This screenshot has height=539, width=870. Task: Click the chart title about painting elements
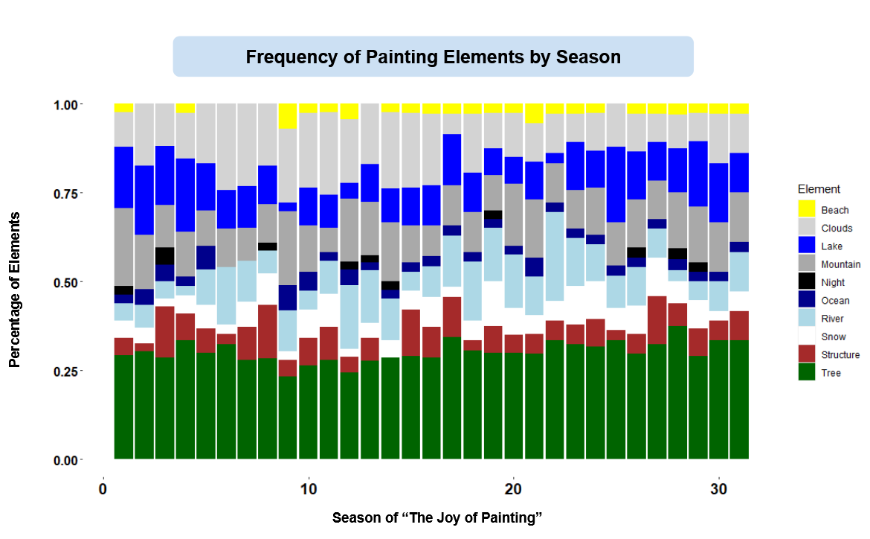(433, 57)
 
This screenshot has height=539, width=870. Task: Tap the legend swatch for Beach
(807, 210)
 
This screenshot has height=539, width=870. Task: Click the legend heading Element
(819, 189)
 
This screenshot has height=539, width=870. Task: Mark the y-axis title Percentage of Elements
(14, 289)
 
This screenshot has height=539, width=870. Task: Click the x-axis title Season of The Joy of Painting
(434, 517)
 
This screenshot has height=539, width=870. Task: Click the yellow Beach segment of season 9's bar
(288, 116)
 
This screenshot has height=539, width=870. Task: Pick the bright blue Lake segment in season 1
(123, 177)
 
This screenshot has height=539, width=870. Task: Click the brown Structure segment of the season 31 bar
(739, 325)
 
